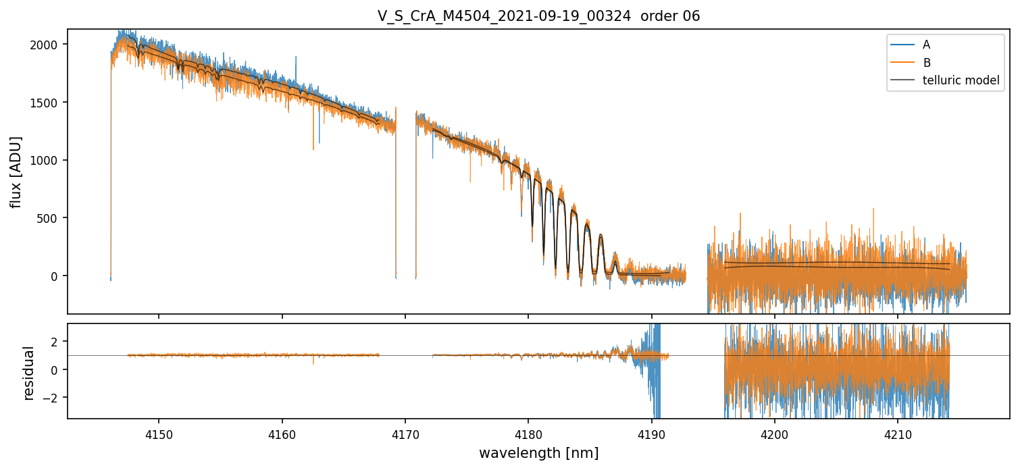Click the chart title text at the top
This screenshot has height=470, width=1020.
coord(538,16)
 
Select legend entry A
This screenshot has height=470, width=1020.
coord(926,45)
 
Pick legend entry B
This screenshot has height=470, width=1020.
coord(926,63)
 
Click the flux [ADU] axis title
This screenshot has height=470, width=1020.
coord(16,172)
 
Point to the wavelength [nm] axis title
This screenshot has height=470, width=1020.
coord(538,453)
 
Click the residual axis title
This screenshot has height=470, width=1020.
coord(29,372)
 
